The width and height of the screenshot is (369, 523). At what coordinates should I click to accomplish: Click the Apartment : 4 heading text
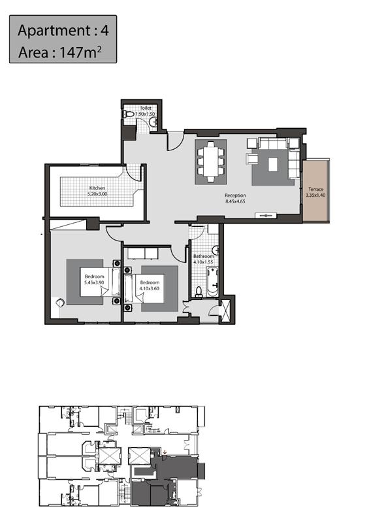pyautogui.click(x=63, y=30)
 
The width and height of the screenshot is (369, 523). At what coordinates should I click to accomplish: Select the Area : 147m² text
pyautogui.click(x=59, y=52)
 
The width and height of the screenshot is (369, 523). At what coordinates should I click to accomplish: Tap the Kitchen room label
pyautogui.click(x=97, y=188)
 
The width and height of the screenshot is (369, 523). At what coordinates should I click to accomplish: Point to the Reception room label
pyautogui.click(x=235, y=195)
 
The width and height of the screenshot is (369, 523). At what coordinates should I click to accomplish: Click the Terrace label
pyautogui.click(x=315, y=189)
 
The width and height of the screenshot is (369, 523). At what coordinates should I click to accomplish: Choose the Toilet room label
pyautogui.click(x=146, y=108)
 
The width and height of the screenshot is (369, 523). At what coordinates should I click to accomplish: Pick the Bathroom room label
pyautogui.click(x=204, y=256)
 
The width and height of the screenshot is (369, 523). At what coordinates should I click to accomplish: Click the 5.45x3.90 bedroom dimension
pyautogui.click(x=94, y=282)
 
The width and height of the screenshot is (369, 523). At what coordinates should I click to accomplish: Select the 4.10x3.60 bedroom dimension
pyautogui.click(x=150, y=288)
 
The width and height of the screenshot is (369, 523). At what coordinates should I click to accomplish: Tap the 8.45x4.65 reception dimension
pyautogui.click(x=235, y=201)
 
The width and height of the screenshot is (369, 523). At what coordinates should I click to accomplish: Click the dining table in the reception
pyautogui.click(x=211, y=161)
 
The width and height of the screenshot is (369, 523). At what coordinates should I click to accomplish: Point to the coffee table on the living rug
pyautogui.click(x=273, y=165)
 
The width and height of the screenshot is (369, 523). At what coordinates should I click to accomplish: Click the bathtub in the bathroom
pyautogui.click(x=212, y=282)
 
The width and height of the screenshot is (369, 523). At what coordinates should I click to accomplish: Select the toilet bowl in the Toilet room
pyautogui.click(x=128, y=114)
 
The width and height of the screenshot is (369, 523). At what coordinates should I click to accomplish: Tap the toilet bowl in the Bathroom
pyautogui.click(x=199, y=291)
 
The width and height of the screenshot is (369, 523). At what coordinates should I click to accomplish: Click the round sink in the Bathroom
pyautogui.click(x=216, y=250)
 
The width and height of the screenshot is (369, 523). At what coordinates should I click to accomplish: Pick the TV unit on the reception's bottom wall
pyautogui.click(x=266, y=216)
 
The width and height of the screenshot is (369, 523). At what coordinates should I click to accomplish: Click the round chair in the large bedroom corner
pyautogui.click(x=60, y=303)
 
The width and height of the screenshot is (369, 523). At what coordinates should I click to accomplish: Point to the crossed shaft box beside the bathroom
pyautogui.click(x=225, y=311)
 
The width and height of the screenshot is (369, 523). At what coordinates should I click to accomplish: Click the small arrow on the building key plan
pyautogui.click(x=165, y=452)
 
